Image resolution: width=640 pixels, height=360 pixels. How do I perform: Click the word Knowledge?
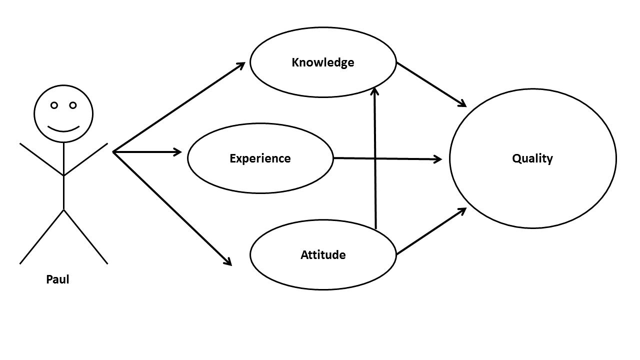pos(322,62)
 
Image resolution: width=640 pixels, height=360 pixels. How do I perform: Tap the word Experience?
pos(260,158)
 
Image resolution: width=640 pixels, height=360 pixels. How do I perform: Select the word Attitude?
pos(323,255)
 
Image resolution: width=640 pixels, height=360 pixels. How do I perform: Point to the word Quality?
pos(532,158)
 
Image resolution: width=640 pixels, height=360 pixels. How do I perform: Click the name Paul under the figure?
pos(57,279)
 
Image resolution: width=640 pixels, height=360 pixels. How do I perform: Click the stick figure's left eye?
pos(54,105)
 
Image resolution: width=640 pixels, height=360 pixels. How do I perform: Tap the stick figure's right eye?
pos(73,105)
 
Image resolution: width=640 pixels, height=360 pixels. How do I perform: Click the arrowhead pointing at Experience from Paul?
pos(177,151)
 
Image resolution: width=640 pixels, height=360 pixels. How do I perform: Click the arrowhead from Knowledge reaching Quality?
pos(462,104)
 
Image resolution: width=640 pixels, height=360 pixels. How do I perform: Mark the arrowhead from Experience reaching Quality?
pos(438,159)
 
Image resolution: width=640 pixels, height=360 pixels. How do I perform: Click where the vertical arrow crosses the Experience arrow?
pos(375,158)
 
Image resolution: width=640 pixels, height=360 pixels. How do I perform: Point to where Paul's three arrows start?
pos(113,151)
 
